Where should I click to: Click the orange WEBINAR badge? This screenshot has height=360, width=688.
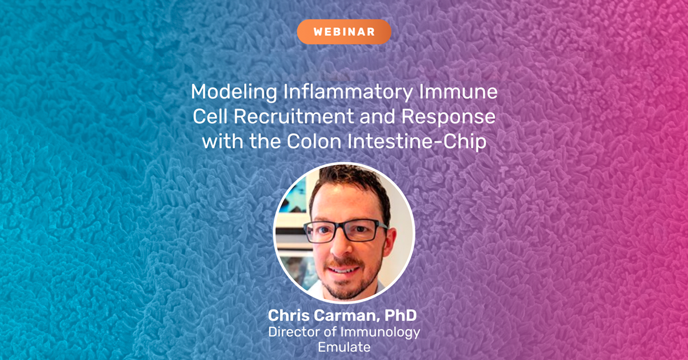344,32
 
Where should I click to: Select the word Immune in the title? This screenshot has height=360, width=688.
461,92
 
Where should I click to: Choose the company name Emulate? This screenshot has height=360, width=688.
343,346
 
